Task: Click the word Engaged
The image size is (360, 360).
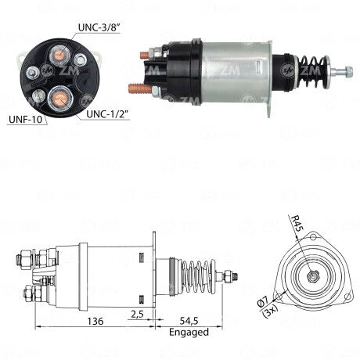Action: (x=189, y=332)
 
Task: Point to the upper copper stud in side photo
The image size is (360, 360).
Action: (x=143, y=56)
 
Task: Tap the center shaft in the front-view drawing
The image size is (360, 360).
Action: (x=312, y=275)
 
